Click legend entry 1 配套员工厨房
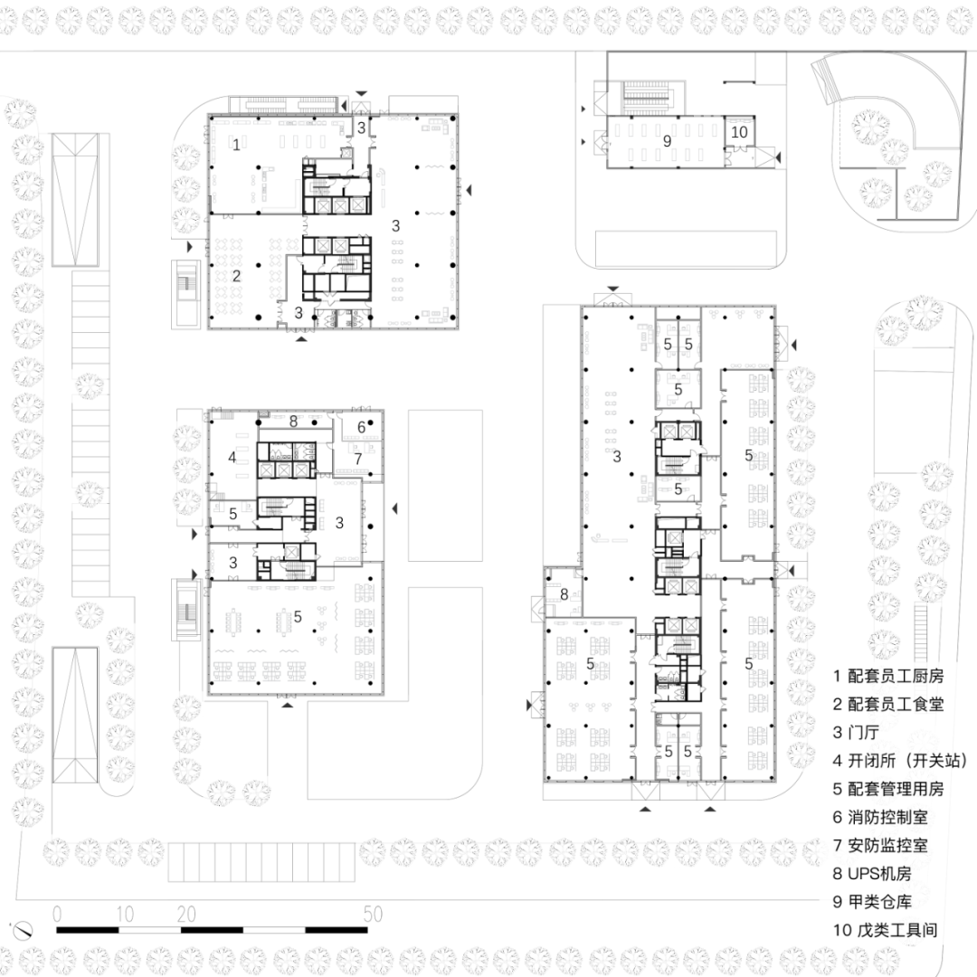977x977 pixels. point(888,676)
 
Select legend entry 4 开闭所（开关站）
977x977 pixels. point(901,761)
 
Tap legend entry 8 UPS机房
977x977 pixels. point(872,874)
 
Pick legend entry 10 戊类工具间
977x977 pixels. point(886,930)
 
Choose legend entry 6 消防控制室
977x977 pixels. point(880,817)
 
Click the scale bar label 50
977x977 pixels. point(374,914)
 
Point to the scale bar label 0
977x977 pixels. point(57,914)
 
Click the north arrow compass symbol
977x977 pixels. point(23,931)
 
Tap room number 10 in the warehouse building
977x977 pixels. point(740,132)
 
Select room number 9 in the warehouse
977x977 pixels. point(668,141)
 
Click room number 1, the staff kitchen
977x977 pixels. point(236,145)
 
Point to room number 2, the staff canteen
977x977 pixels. point(236,275)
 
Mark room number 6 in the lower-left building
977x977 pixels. point(361,427)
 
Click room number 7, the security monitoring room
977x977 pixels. point(358,460)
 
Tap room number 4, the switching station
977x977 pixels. point(232,458)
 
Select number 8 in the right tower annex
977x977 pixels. point(564,594)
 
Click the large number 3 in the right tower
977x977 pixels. point(617,457)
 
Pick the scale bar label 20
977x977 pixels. point(186,914)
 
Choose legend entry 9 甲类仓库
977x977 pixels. point(872,902)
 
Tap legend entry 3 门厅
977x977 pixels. point(856,732)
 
